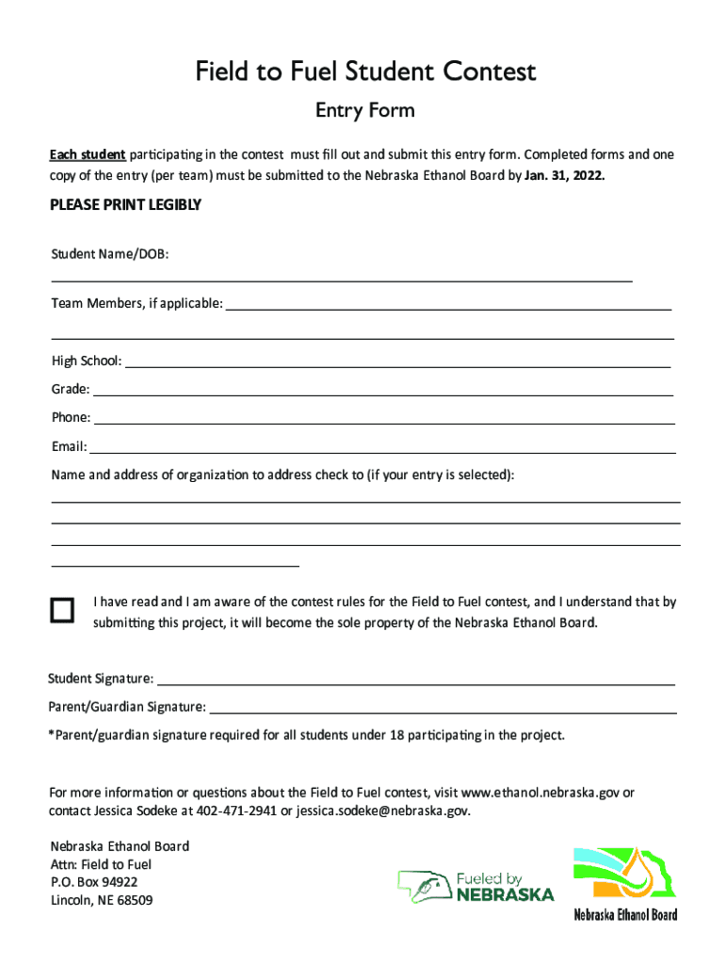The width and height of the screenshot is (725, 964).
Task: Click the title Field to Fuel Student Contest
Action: (x=365, y=72)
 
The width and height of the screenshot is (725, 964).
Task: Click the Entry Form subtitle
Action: (x=364, y=111)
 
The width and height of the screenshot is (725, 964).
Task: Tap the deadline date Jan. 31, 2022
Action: (x=564, y=176)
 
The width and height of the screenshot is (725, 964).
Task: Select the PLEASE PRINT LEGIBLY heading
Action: (x=125, y=205)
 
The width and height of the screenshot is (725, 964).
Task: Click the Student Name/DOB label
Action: (x=109, y=253)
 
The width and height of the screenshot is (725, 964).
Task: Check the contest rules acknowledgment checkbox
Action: (x=62, y=611)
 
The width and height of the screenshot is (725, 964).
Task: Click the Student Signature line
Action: (x=415, y=682)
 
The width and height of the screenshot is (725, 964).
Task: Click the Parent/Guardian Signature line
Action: (x=442, y=710)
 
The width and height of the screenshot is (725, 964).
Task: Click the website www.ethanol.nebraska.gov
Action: (x=540, y=793)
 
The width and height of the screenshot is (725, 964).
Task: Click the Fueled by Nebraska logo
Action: (x=475, y=886)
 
